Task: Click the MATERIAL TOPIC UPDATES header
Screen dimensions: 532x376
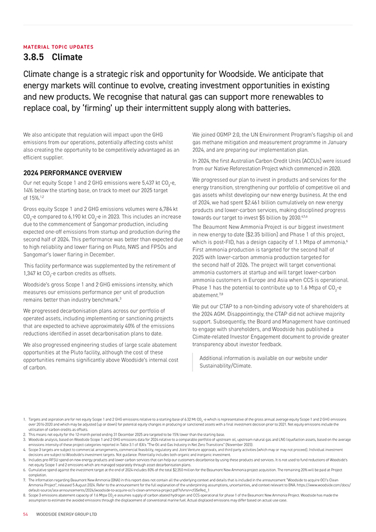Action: tap(58, 47)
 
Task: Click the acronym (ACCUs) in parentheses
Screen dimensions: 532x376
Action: tap(314, 161)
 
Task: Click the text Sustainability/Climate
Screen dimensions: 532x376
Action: tap(225, 366)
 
